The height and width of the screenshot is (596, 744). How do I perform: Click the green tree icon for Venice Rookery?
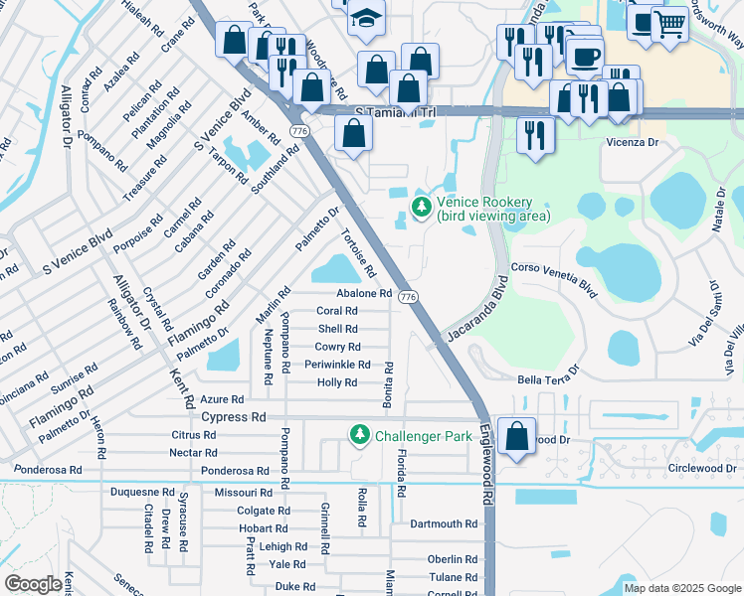pyautogui.click(x=422, y=208)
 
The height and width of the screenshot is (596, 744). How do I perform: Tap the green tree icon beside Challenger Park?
pyautogui.click(x=359, y=435)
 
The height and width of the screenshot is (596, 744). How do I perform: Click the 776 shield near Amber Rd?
pyautogui.click(x=298, y=130)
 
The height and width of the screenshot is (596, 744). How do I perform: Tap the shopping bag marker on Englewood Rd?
pyautogui.click(x=517, y=436)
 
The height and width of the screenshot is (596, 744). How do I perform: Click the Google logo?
pyautogui.click(x=33, y=584)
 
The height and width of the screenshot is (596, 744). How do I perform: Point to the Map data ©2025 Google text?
pyautogui.click(x=682, y=588)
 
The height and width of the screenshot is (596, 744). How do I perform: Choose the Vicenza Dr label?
pyautogui.click(x=633, y=143)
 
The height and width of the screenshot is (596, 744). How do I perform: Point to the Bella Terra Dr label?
pyautogui.click(x=548, y=380)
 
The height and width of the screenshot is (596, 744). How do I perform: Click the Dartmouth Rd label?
pyautogui.click(x=444, y=523)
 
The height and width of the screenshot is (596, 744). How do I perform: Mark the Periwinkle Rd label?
pyautogui.click(x=337, y=365)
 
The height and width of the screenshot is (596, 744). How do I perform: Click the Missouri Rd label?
pyautogui.click(x=244, y=493)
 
